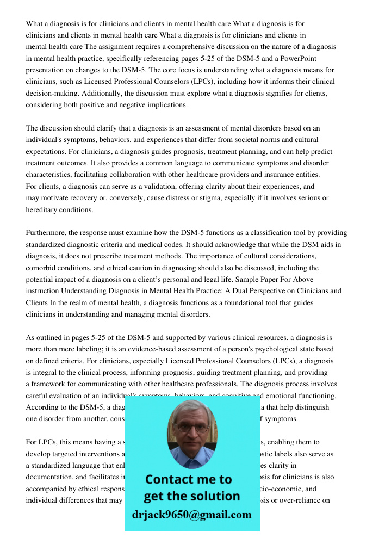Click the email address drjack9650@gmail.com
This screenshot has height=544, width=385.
coord(192,514)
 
